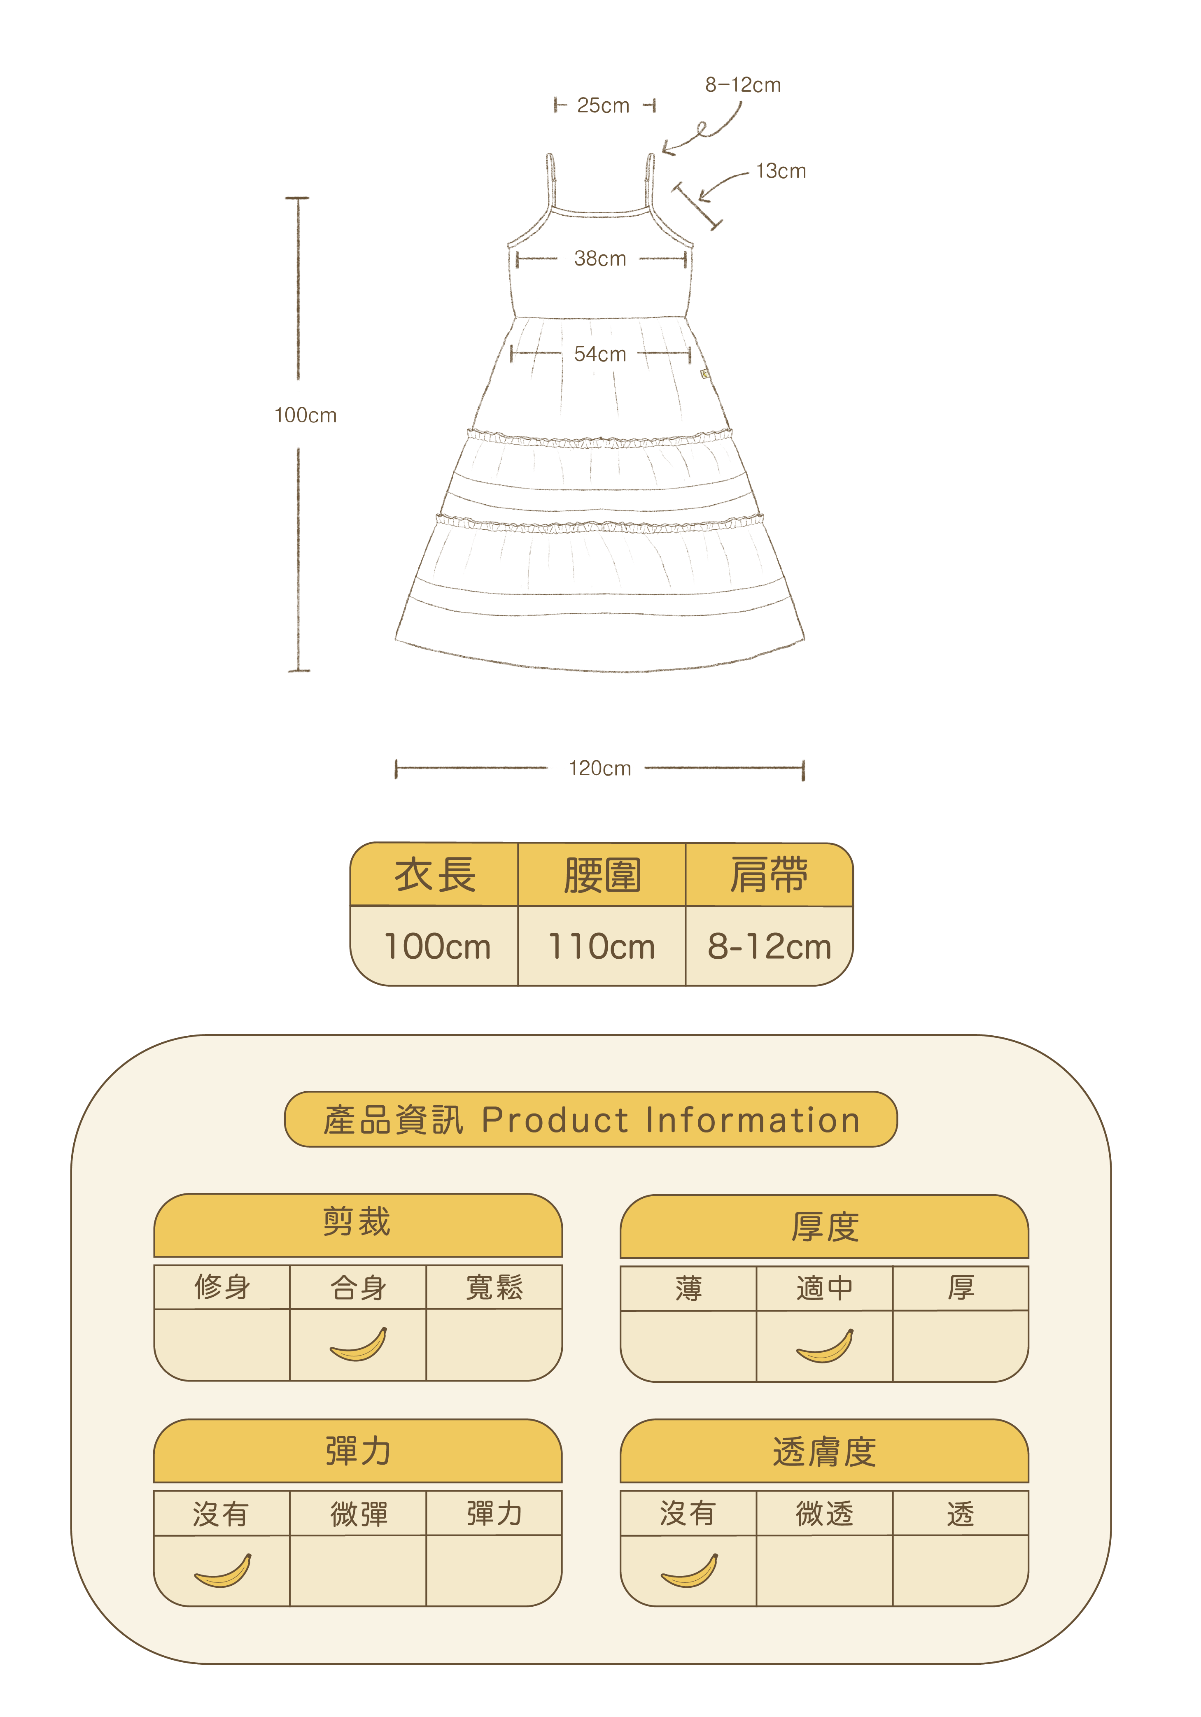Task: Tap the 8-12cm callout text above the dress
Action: (x=743, y=85)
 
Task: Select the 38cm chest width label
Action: (x=600, y=259)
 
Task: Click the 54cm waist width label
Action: (x=600, y=354)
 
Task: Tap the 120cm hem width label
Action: (x=600, y=769)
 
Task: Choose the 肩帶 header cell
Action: (x=769, y=875)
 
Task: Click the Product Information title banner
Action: (x=591, y=1120)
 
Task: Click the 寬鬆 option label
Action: (x=494, y=1287)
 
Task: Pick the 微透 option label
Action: (x=824, y=1514)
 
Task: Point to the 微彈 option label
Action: (x=359, y=1514)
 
